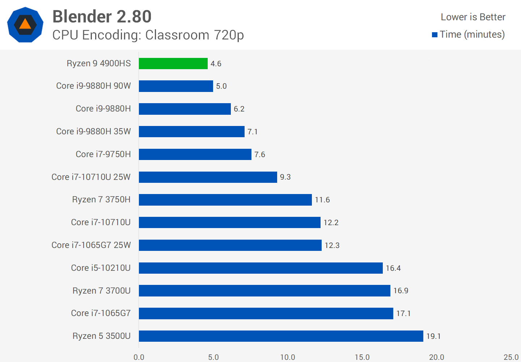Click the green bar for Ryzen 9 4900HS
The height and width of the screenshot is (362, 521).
click(x=173, y=63)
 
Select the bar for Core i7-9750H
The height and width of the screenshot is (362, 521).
click(x=195, y=154)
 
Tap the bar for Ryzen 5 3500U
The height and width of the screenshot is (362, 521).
click(x=281, y=336)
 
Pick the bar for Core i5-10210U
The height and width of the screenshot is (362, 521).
click(x=260, y=268)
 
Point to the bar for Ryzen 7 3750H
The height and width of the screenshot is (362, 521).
click(x=225, y=200)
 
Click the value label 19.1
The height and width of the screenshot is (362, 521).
click(x=433, y=336)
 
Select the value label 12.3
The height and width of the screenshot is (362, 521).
click(x=332, y=245)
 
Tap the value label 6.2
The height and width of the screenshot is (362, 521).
click(x=239, y=109)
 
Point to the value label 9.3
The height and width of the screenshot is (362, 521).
click(x=285, y=177)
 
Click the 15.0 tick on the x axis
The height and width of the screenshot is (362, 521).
click(x=362, y=357)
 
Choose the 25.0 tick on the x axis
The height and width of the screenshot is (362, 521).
click(x=511, y=357)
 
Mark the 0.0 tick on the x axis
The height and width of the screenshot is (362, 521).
click(x=139, y=357)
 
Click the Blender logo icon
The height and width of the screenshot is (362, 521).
click(x=25, y=25)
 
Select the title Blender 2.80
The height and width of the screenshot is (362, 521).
click(x=102, y=17)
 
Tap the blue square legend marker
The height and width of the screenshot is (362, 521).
click(x=435, y=35)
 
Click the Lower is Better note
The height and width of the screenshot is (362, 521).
click(x=473, y=17)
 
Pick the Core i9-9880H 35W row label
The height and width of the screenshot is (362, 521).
click(x=93, y=131)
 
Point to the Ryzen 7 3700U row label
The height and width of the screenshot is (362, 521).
click(x=101, y=291)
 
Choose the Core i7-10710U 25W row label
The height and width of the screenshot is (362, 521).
click(x=91, y=177)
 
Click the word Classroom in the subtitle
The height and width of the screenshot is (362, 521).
click(x=177, y=35)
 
